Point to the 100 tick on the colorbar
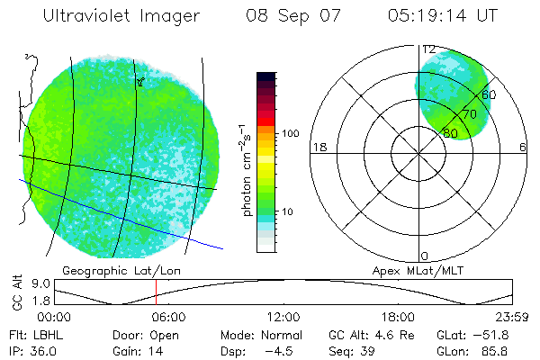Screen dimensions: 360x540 click(291, 133)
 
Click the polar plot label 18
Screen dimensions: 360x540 click(318, 147)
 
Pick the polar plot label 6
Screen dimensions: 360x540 click(523, 147)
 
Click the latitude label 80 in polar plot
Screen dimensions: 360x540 click(449, 132)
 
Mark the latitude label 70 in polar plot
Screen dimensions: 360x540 click(469, 114)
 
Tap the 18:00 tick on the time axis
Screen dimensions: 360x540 click(398, 317)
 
